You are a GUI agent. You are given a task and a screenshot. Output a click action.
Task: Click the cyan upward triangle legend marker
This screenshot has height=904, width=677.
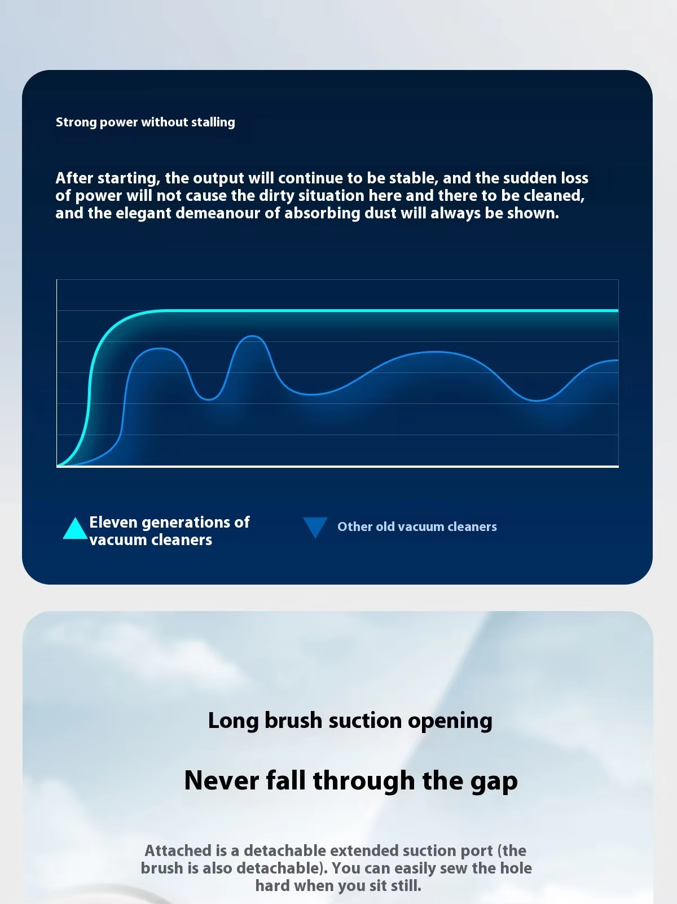tap(75, 528)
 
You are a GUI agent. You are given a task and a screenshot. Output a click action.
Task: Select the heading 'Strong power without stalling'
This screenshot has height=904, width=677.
tap(146, 122)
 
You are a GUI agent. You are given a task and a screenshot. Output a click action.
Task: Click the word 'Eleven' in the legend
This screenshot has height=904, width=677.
tap(113, 522)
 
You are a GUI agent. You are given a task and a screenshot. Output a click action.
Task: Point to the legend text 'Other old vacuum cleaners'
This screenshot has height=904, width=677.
tap(417, 526)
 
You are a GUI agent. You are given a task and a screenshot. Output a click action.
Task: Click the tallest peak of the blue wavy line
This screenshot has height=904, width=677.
tap(252, 336)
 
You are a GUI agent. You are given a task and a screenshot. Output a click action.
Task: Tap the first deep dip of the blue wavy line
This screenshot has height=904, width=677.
tap(209, 399)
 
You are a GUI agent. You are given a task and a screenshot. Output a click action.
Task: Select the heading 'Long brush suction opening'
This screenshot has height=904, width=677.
tap(350, 721)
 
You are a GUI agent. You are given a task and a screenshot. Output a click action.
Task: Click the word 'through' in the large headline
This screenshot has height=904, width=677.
tap(364, 782)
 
